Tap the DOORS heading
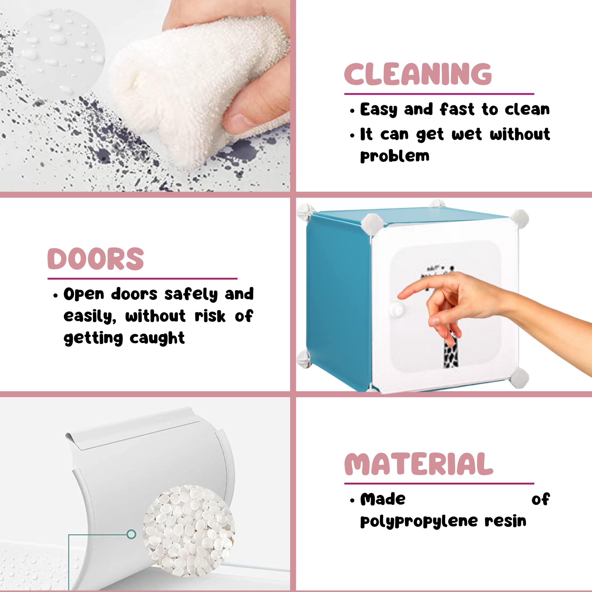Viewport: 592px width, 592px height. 96,259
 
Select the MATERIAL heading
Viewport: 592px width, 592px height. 419,464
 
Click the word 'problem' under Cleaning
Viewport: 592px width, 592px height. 395,156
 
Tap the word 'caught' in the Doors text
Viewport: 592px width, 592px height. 157,338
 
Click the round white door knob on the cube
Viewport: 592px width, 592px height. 397,310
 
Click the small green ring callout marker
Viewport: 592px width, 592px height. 131,534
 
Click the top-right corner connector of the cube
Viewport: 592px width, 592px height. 519,218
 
